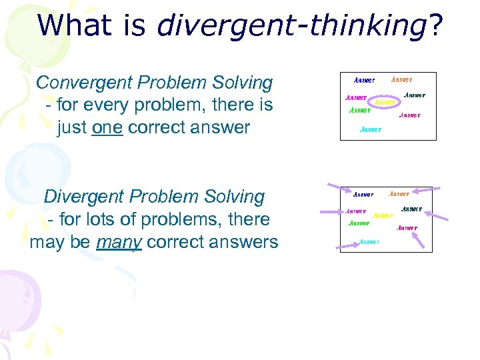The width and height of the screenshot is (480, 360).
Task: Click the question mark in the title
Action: pyautogui.click(x=436, y=25)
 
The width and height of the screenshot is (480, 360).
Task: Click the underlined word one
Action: pyautogui.click(x=107, y=127)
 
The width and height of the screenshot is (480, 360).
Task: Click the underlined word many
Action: pyautogui.click(x=119, y=241)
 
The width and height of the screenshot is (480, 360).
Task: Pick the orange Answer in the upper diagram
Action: pyautogui.click(x=401, y=79)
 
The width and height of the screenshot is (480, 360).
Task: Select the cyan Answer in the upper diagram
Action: pyautogui.click(x=371, y=129)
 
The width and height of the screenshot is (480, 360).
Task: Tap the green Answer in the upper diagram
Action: pyautogui.click(x=360, y=110)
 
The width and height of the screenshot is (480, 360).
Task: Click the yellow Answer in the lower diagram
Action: pyautogui.click(x=383, y=215)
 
